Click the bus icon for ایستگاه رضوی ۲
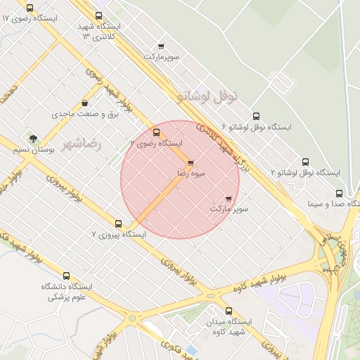(156, 131)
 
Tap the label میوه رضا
(191, 173)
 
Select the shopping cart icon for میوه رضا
(191, 162)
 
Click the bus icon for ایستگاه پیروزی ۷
(118, 224)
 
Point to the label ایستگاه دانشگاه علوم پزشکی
(67, 292)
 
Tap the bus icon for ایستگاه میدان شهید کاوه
(228, 310)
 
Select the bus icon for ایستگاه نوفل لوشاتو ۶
(255, 117)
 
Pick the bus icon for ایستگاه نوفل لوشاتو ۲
(305, 162)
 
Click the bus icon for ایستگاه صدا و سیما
(339, 193)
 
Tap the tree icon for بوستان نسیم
(32, 138)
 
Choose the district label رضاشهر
(82, 143)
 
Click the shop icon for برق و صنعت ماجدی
(85, 103)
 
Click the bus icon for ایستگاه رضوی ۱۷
(30, 8)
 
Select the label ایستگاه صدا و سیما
(333, 205)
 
